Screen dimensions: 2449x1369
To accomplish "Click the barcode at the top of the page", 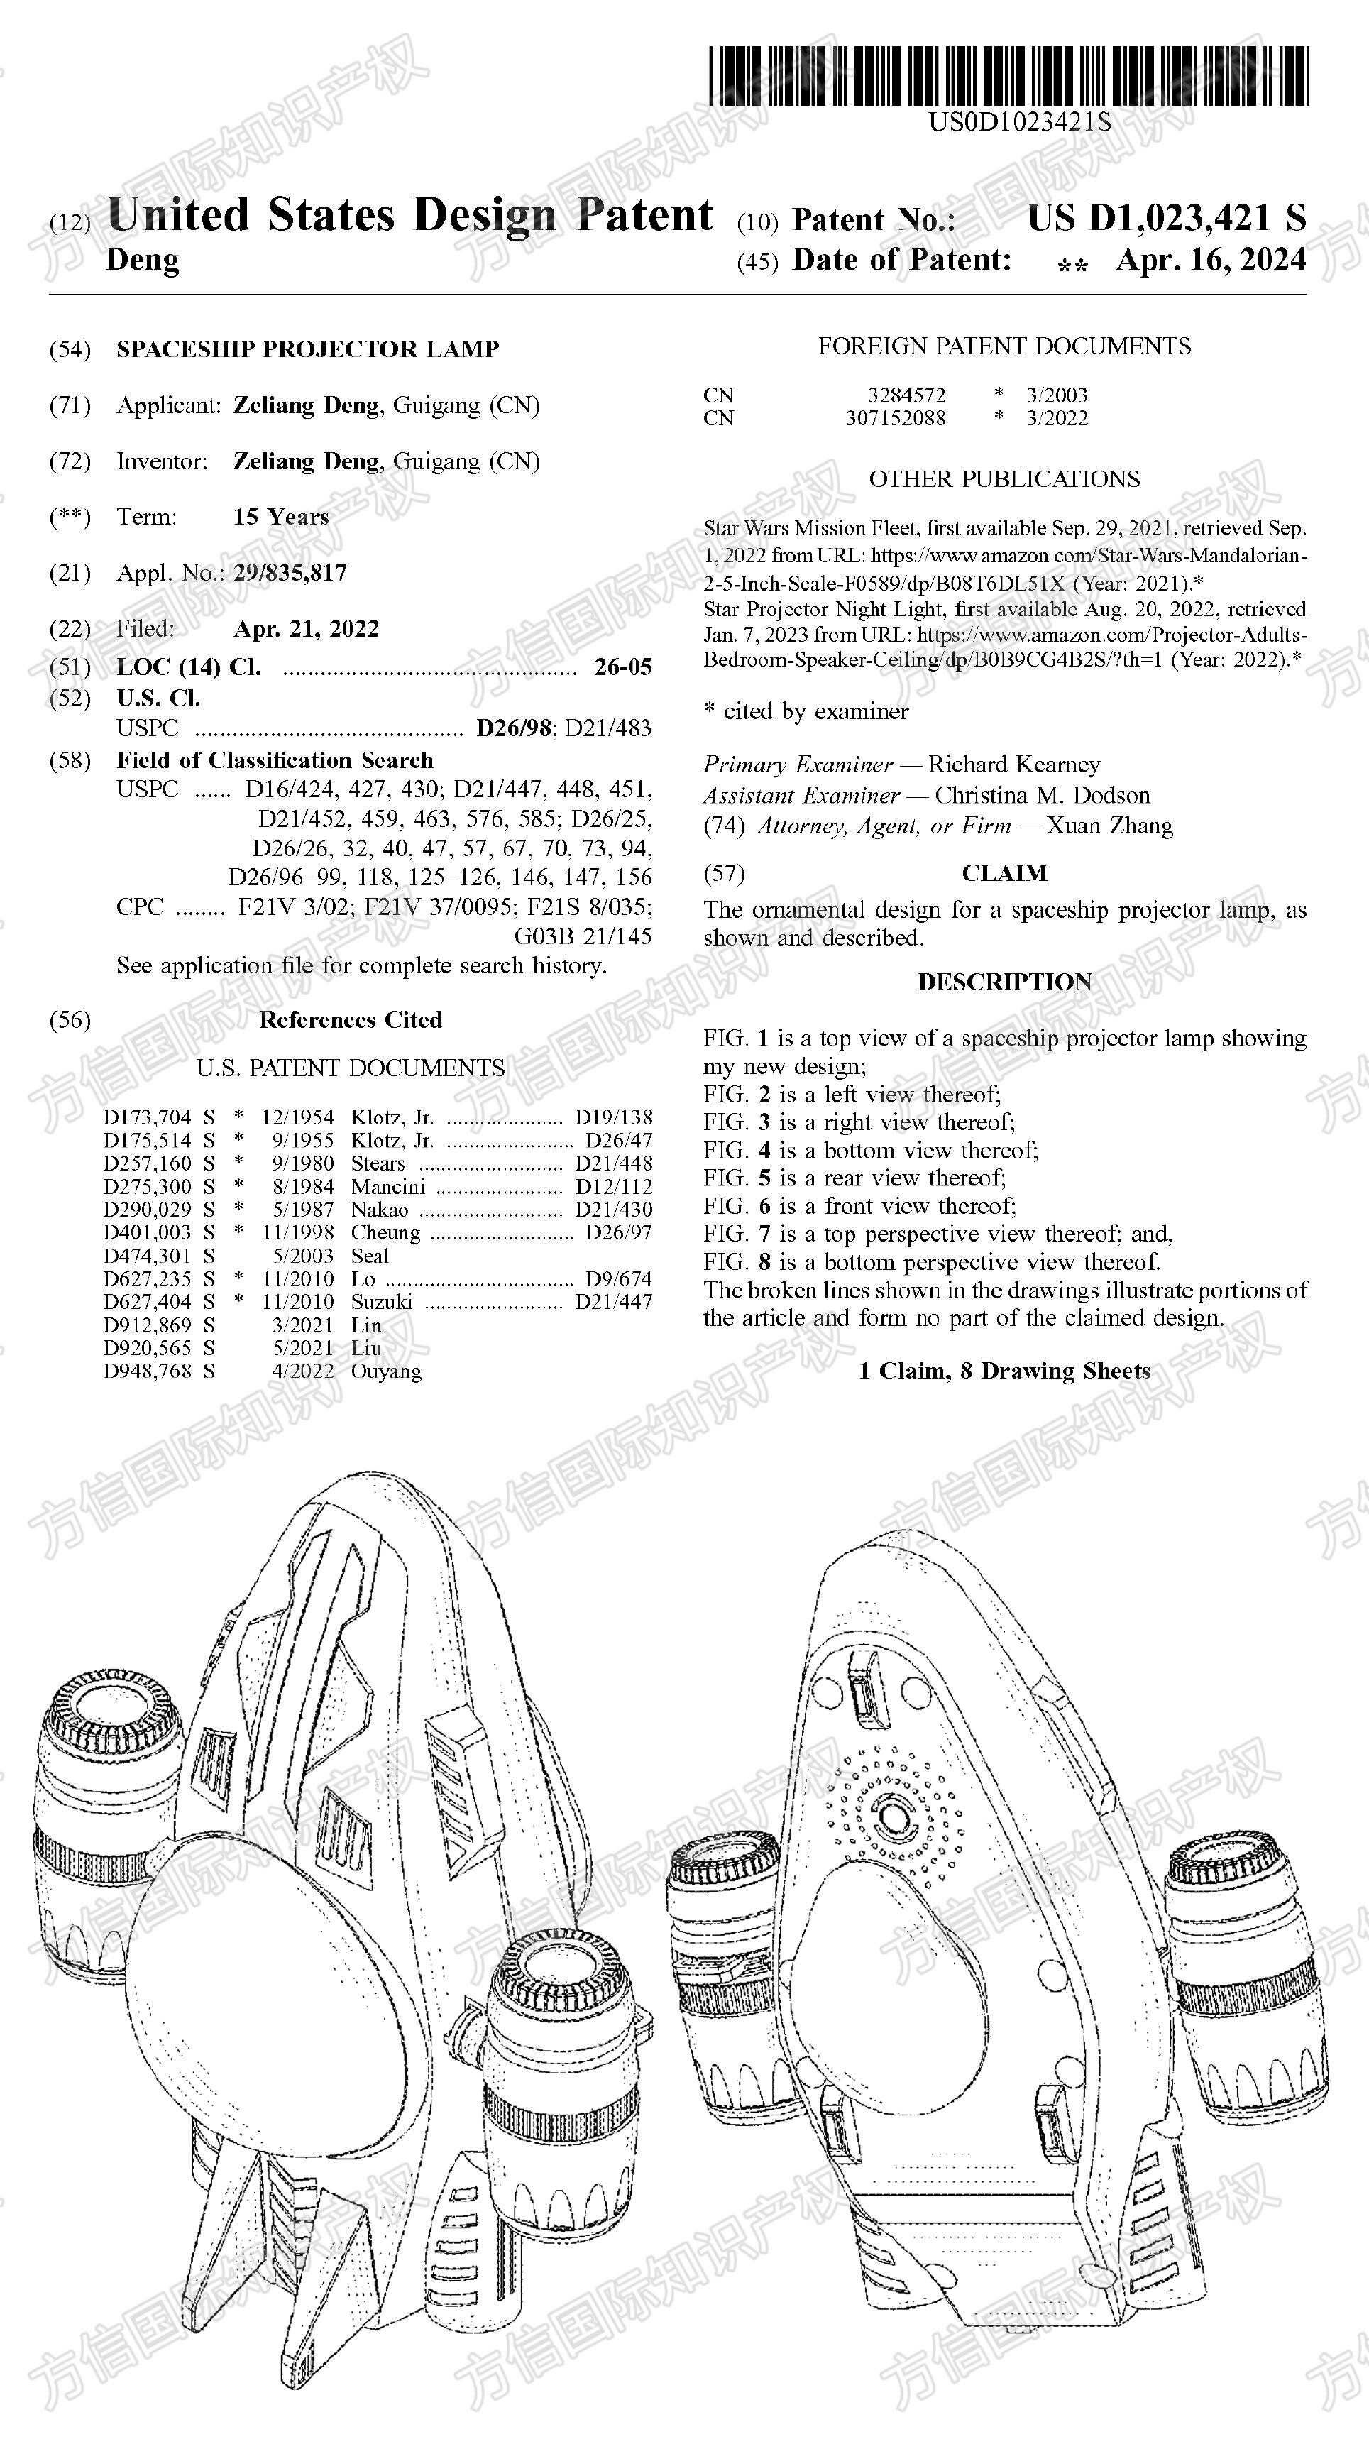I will click(1008, 76).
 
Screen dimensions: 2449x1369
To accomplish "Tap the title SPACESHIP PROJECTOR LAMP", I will click(308, 349).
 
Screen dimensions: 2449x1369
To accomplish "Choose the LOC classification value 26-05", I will click(622, 667).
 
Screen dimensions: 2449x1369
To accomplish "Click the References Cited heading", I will click(350, 1020).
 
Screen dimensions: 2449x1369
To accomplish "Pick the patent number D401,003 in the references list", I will click(148, 1233).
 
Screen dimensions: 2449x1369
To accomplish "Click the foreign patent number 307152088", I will click(896, 418).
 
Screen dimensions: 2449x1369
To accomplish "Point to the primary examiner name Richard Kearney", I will click(1013, 765).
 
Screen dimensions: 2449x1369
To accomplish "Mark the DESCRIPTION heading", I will click(1004, 982).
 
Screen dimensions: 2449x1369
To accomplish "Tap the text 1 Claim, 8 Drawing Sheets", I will click(1004, 1371).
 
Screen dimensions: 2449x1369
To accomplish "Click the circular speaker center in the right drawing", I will click(892, 1817).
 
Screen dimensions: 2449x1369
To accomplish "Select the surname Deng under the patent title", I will click(143, 260).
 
